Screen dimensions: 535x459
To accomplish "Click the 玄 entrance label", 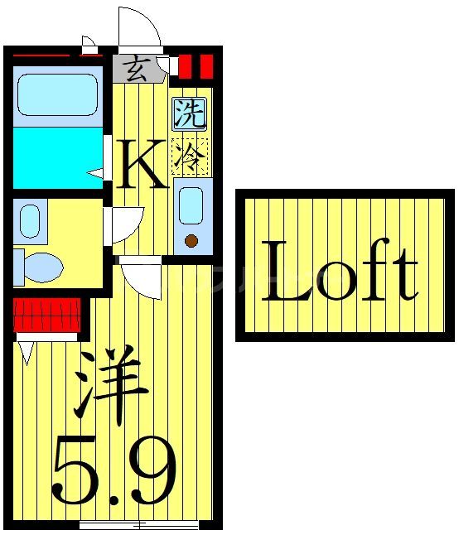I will click(x=138, y=68).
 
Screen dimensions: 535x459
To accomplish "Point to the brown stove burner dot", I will click(x=191, y=241).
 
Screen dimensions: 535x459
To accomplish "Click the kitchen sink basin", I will click(x=191, y=205).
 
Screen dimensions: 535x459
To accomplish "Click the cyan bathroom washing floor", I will click(x=56, y=157).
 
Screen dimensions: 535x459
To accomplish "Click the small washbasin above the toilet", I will click(x=29, y=221).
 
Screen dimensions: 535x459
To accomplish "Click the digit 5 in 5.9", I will click(x=79, y=473).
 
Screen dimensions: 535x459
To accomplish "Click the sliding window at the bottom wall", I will click(x=138, y=524).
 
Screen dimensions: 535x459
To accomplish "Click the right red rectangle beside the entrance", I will click(x=206, y=65).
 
